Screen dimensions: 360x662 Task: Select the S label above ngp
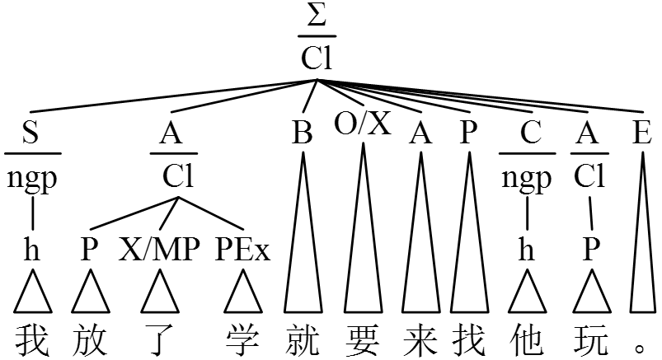pyautogui.click(x=31, y=134)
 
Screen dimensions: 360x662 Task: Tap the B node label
pyautogui.click(x=303, y=134)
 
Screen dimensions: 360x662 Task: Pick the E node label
pyautogui.click(x=642, y=134)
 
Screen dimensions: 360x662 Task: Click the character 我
pyautogui.click(x=32, y=339)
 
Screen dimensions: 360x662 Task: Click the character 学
pyautogui.click(x=242, y=339)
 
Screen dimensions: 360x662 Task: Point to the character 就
pyautogui.click(x=303, y=339)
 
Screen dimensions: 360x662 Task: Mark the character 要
pyautogui.click(x=362, y=339)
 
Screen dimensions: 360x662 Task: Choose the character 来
pyautogui.click(x=421, y=339)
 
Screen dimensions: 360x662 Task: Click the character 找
pyautogui.click(x=469, y=339)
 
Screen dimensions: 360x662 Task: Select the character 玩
pyautogui.click(x=590, y=339)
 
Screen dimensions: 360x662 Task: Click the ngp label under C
pyautogui.click(x=526, y=179)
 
